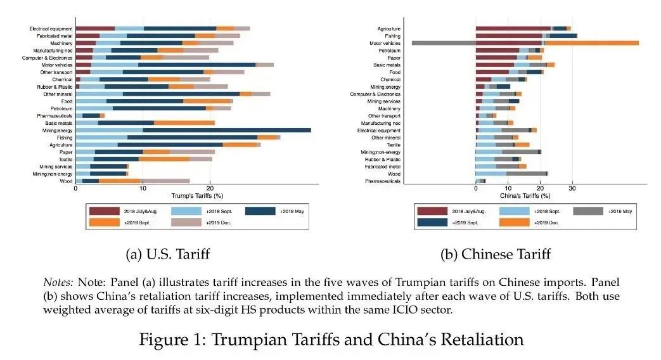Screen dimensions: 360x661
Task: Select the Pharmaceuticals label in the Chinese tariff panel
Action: (383, 181)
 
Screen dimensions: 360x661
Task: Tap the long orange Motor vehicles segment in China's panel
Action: (592, 42)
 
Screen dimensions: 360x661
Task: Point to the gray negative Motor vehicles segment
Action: (444, 42)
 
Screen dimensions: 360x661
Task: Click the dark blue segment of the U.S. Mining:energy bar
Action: (226, 129)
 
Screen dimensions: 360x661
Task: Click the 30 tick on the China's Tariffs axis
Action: (572, 188)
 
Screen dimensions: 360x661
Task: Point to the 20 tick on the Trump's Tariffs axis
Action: (210, 188)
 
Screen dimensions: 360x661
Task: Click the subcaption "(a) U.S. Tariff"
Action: (168, 254)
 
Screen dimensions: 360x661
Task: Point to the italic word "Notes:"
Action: (58, 281)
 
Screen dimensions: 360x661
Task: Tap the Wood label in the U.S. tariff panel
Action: (67, 181)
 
